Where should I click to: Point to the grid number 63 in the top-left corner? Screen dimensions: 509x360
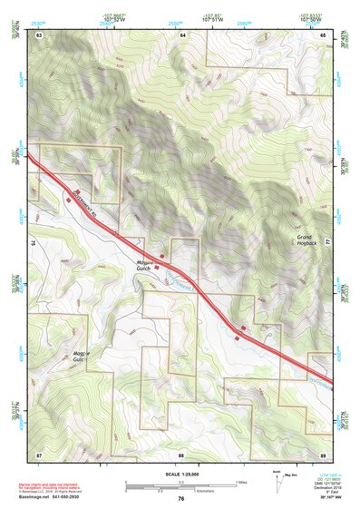pyautogui.click(x=39, y=34)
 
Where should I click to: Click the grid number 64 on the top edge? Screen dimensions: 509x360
pyautogui.click(x=181, y=34)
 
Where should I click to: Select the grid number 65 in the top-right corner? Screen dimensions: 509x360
pyautogui.click(x=324, y=34)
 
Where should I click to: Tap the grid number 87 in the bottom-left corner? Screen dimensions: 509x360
pyautogui.click(x=39, y=453)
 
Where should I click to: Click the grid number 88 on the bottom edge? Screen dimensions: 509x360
pyautogui.click(x=181, y=453)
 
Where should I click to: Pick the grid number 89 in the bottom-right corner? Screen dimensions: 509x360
pyautogui.click(x=324, y=453)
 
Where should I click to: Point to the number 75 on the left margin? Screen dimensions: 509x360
pyautogui.click(x=31, y=243)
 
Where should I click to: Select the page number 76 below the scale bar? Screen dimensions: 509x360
pyautogui.click(x=181, y=499)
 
